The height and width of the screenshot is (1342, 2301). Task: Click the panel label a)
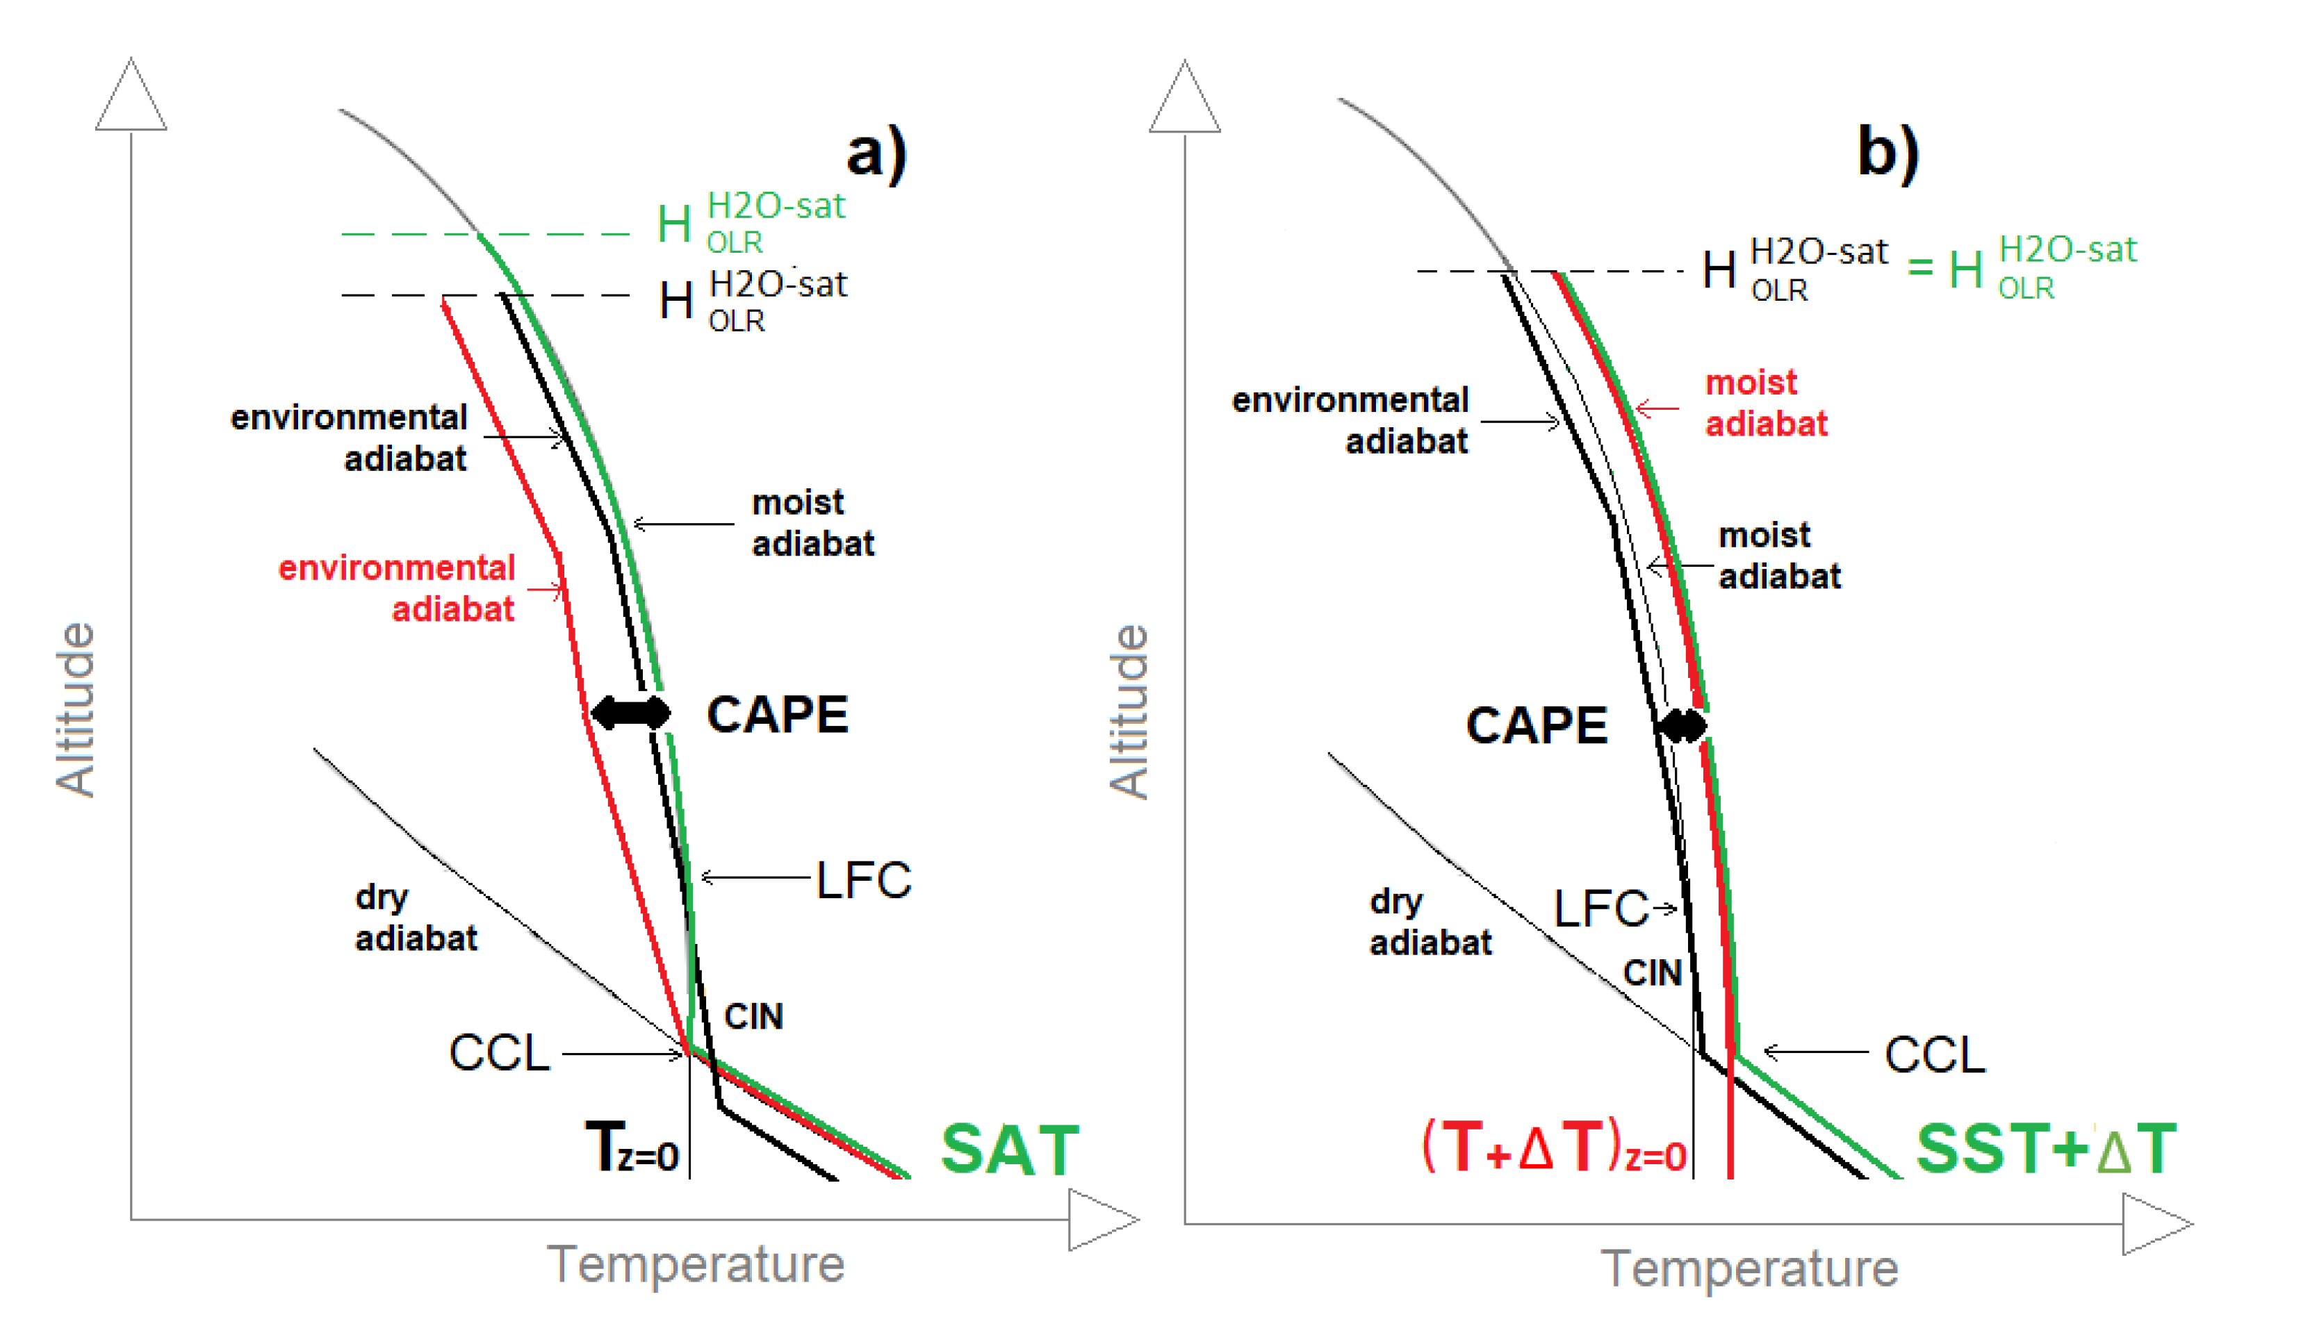click(876, 154)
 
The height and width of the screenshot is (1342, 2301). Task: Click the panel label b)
click(1888, 154)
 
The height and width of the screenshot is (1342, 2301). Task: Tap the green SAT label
click(1010, 1150)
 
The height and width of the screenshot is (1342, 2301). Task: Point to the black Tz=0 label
click(632, 1148)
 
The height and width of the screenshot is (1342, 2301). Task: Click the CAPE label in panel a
click(778, 715)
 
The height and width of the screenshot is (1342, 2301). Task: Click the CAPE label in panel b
click(1537, 726)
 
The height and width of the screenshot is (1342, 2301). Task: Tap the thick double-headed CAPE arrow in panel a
click(630, 712)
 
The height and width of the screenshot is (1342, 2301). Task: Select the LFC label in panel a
click(863, 881)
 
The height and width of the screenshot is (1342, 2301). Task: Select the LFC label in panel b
click(1600, 909)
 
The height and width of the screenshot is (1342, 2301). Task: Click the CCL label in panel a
click(500, 1054)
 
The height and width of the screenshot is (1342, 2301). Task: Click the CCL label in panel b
click(1935, 1055)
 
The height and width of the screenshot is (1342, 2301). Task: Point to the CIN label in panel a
click(753, 1017)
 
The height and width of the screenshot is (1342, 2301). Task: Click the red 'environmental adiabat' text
click(398, 589)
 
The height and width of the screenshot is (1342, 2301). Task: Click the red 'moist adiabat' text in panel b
click(1765, 404)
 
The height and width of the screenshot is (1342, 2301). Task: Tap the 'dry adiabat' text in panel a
click(416, 918)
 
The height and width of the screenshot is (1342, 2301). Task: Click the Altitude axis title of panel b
click(1129, 712)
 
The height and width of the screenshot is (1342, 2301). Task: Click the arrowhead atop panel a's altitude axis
click(131, 97)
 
